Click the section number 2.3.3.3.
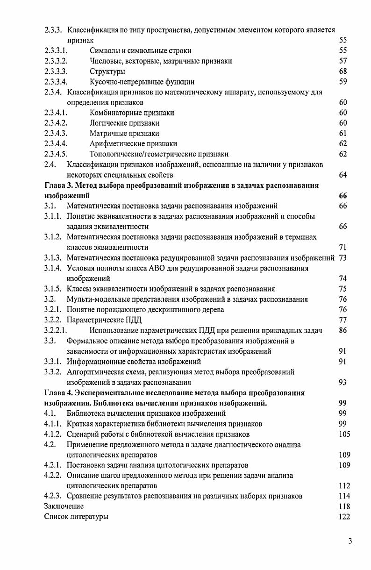(56, 71)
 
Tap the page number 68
(342, 71)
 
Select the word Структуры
(107, 71)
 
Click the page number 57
(342, 61)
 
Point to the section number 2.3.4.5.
(56, 154)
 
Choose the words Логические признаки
(124, 123)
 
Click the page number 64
(342, 175)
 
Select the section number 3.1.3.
(53, 257)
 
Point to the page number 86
(342, 330)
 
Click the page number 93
(342, 382)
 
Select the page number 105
(344, 434)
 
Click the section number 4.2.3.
(53, 496)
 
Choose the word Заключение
(64, 506)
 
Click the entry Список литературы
(76, 516)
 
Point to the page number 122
(344, 516)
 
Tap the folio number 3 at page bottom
(350, 541)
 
